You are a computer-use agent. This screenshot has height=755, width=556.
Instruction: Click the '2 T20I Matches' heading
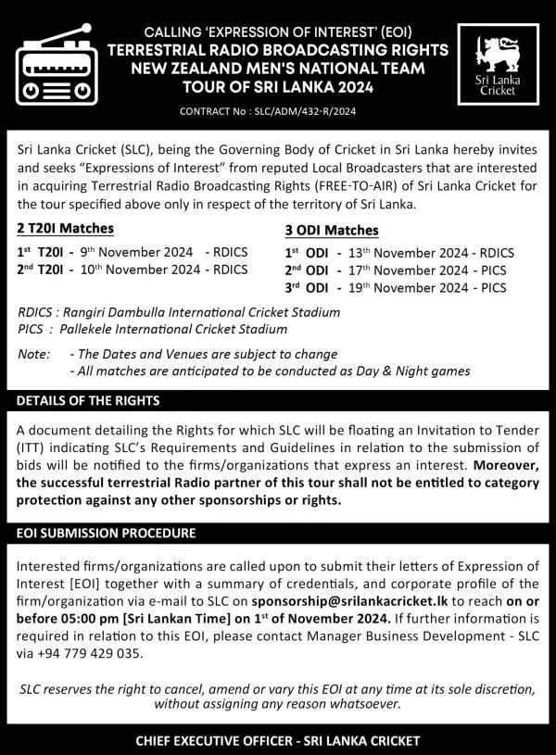pyautogui.click(x=65, y=229)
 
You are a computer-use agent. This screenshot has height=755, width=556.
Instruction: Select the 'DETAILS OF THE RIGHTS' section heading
pyautogui.click(x=88, y=401)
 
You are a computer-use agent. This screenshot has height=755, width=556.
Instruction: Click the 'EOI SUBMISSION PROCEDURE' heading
pyautogui.click(x=106, y=534)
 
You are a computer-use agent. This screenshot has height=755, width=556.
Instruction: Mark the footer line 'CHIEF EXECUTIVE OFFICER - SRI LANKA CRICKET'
pyautogui.click(x=278, y=741)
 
